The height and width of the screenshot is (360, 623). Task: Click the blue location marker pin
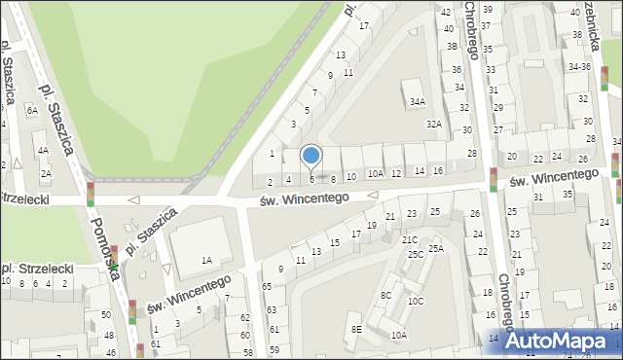(x=311, y=156)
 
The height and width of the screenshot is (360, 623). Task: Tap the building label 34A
(x=417, y=101)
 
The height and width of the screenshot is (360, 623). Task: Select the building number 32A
(x=433, y=124)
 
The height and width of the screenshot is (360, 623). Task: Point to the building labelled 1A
(x=206, y=260)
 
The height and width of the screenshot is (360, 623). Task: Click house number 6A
(x=32, y=111)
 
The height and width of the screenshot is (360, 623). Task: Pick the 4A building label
(x=43, y=151)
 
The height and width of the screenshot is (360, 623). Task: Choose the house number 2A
(x=46, y=173)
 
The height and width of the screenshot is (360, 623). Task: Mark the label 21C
(x=410, y=239)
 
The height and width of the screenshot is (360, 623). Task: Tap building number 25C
(x=416, y=254)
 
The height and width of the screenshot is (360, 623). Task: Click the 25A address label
(x=436, y=248)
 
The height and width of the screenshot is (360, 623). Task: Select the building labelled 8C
(x=386, y=295)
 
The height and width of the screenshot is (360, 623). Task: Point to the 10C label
(x=416, y=301)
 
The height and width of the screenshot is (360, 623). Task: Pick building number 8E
(x=357, y=330)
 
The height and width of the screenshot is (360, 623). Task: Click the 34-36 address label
(x=580, y=67)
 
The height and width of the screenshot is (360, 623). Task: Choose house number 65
(x=267, y=287)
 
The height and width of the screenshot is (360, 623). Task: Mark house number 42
(x=446, y=12)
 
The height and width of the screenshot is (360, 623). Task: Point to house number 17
(x=363, y=25)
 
